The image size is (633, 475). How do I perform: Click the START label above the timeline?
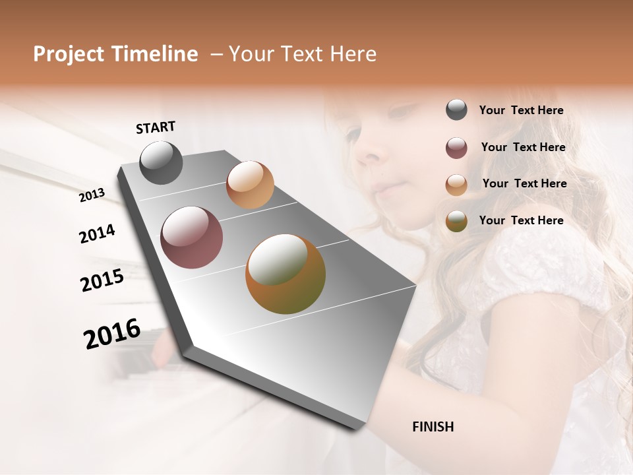point(156,127)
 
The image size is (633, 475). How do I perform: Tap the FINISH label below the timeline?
point(433,427)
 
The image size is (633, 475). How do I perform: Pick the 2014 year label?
point(97,234)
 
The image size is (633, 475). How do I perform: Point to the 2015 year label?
point(102,280)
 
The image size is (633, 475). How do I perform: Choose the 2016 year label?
point(112,334)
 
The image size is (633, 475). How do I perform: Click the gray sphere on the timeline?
point(161,162)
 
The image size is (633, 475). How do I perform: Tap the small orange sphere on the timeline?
point(250,185)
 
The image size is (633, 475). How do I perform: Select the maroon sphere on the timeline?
point(191,237)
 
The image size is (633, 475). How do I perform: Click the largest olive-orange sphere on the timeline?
point(286,274)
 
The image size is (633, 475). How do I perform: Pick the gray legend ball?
point(456,110)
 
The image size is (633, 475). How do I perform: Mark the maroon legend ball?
point(456,148)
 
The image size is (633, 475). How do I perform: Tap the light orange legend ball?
point(456,185)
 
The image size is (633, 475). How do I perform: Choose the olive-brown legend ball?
point(456,221)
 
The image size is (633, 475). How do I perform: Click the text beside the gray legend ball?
point(521,110)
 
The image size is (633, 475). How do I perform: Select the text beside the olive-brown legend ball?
point(521,220)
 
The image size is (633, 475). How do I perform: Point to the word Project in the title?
point(69,54)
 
